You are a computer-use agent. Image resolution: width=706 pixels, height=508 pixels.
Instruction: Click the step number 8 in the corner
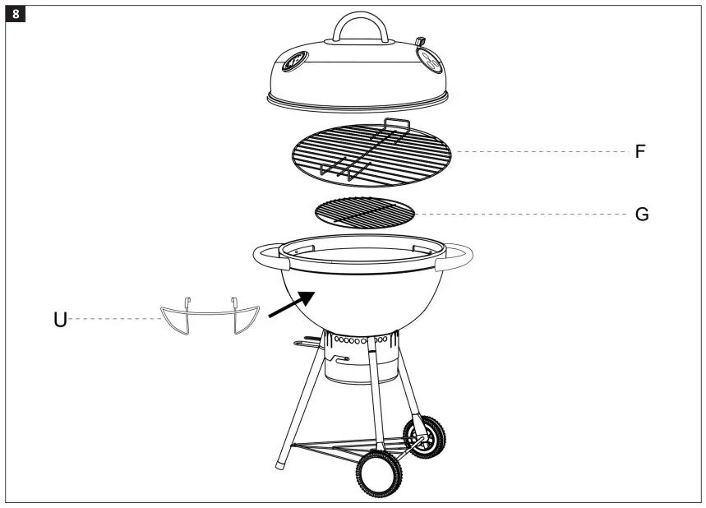point(15,14)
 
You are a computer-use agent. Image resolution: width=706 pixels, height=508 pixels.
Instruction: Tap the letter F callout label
point(640,152)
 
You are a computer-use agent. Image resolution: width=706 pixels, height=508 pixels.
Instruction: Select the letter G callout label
point(642,215)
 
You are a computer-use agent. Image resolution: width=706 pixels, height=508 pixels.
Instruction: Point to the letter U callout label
point(60,319)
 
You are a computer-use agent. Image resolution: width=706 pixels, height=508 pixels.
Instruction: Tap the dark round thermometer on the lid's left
point(294,62)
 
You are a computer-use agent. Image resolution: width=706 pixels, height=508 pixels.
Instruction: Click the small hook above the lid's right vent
point(421,40)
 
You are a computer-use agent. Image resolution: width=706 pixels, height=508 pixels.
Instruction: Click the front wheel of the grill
point(379,475)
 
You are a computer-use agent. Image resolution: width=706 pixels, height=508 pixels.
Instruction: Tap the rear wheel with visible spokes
point(427,436)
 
